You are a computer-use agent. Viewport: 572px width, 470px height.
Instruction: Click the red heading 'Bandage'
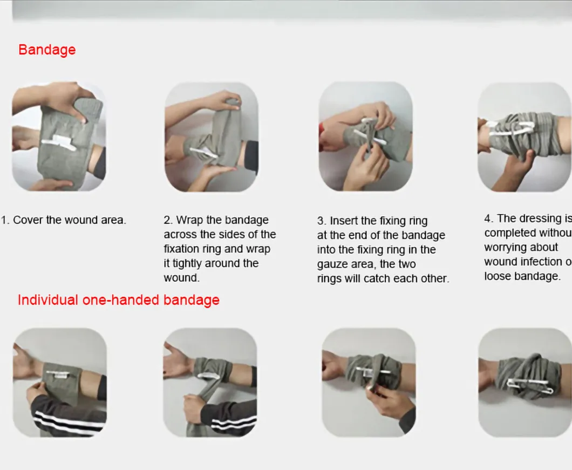pyautogui.click(x=47, y=50)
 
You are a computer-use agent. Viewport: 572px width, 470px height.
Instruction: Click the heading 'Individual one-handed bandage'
pyautogui.click(x=119, y=300)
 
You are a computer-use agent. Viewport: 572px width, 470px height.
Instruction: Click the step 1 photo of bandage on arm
pyautogui.click(x=59, y=137)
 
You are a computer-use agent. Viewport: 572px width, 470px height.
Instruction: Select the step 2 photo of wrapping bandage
pyautogui.click(x=211, y=137)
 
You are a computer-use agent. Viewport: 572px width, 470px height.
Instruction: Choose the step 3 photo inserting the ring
pyautogui.click(x=365, y=137)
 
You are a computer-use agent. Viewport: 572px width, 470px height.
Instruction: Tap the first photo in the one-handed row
pyautogui.click(x=59, y=382)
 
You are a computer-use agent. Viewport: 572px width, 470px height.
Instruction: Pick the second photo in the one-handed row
pyautogui.click(x=210, y=382)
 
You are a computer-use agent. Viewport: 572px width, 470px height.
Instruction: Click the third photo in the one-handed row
pyautogui.click(x=369, y=382)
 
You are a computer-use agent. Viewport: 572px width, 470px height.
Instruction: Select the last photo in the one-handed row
pyautogui.click(x=525, y=382)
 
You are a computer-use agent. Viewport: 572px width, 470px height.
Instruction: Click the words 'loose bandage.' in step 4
pyautogui.click(x=522, y=276)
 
